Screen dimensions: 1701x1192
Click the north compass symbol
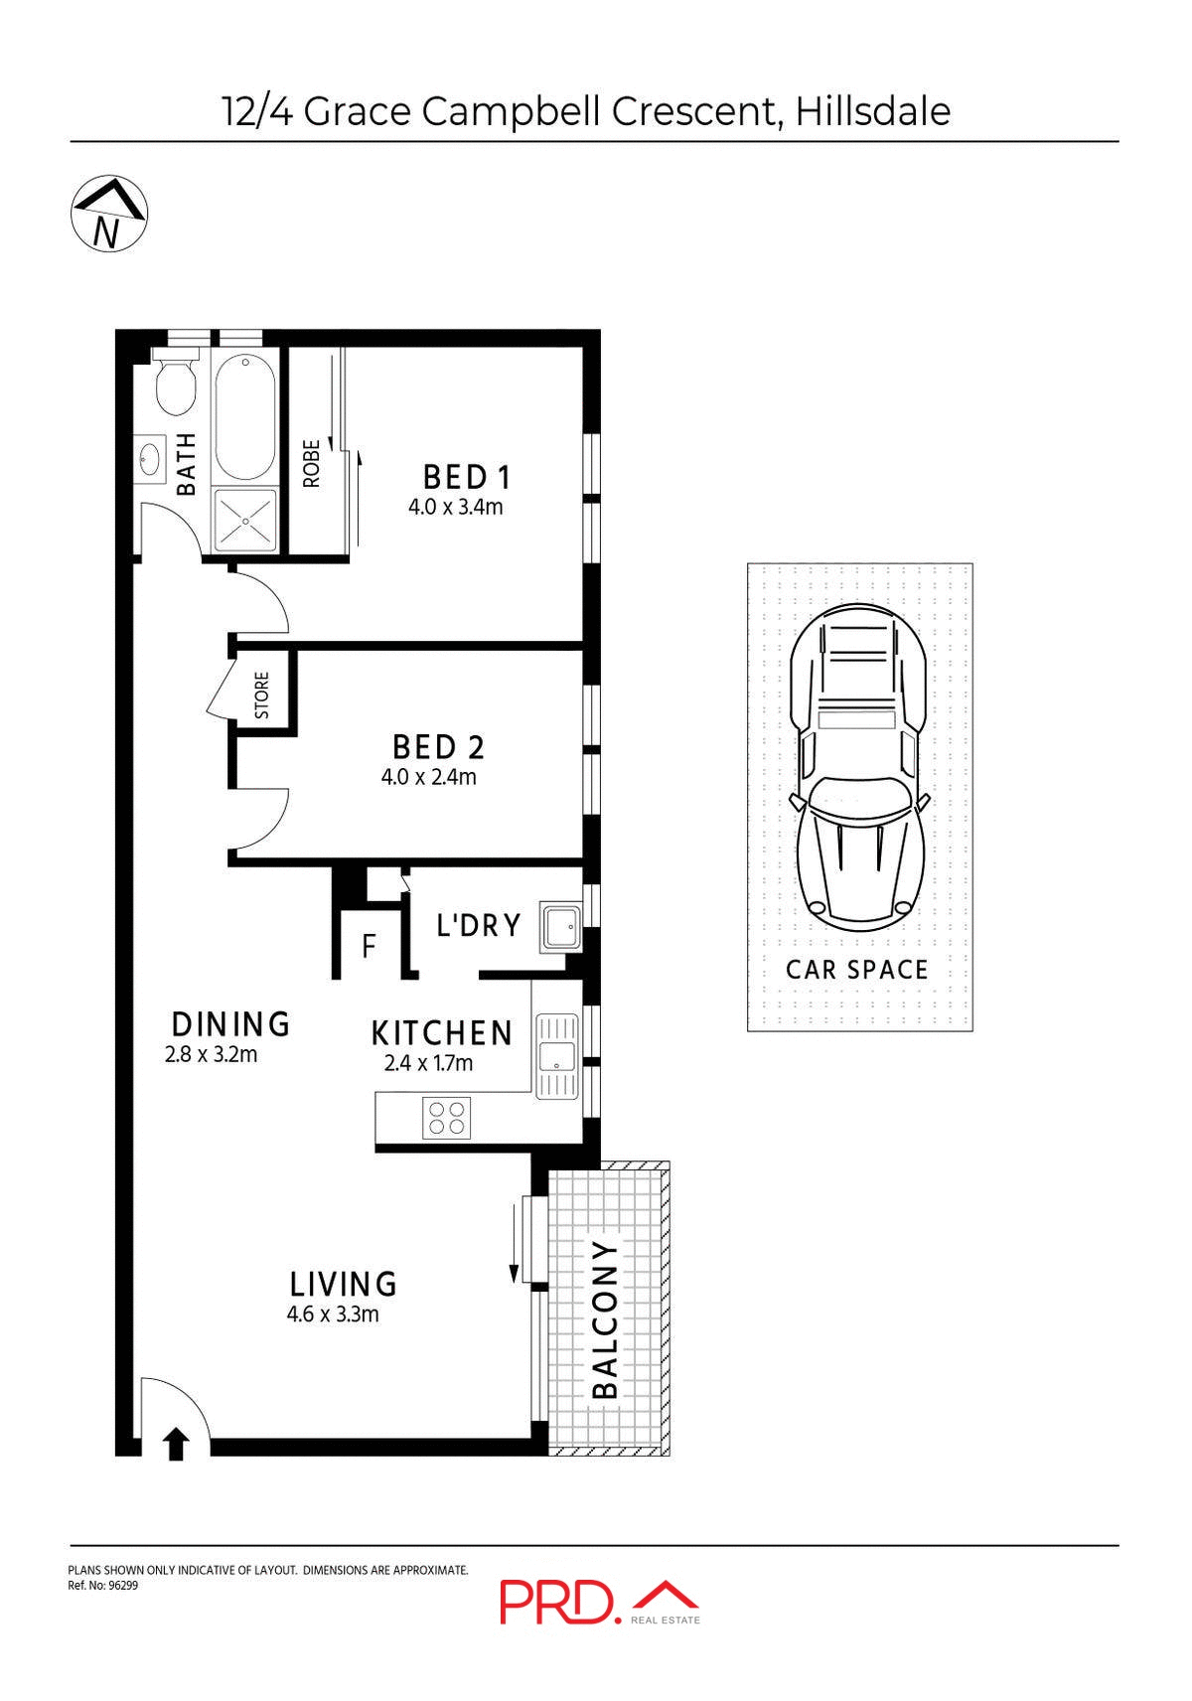[109, 215]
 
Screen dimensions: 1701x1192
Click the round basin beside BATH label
[151, 460]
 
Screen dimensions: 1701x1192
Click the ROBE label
[312, 463]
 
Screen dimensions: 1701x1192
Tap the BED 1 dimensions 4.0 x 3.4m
[455, 508]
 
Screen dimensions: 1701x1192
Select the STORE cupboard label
[262, 696]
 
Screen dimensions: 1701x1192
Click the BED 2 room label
[437, 747]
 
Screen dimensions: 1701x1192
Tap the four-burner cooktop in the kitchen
[445, 1117]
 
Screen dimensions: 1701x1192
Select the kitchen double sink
[556, 1055]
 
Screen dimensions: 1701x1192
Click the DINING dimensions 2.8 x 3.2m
[211, 1054]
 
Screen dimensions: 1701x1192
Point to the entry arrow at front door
[176, 1443]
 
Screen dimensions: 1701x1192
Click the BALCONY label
[605, 1317]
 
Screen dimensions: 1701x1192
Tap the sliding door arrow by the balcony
[514, 1241]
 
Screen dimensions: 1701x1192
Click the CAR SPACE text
[856, 970]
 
